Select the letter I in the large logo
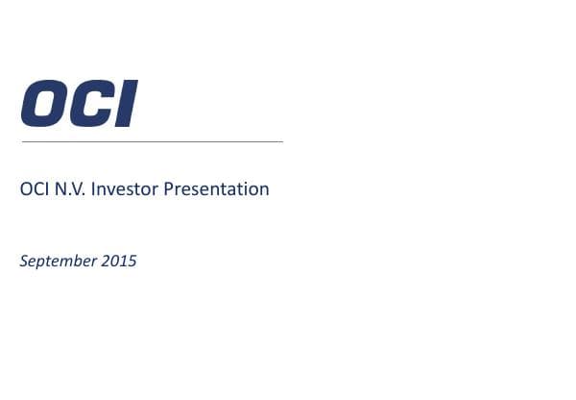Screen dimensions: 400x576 click(126, 105)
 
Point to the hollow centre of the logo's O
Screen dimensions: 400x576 click(44, 105)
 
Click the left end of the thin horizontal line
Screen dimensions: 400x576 click(22, 141)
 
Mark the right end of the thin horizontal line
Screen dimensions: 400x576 click(282, 141)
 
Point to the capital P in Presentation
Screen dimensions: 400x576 click(169, 189)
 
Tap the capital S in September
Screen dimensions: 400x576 click(24, 261)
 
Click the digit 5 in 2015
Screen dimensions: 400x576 click(132, 261)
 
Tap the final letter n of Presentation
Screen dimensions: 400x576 click(264, 190)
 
